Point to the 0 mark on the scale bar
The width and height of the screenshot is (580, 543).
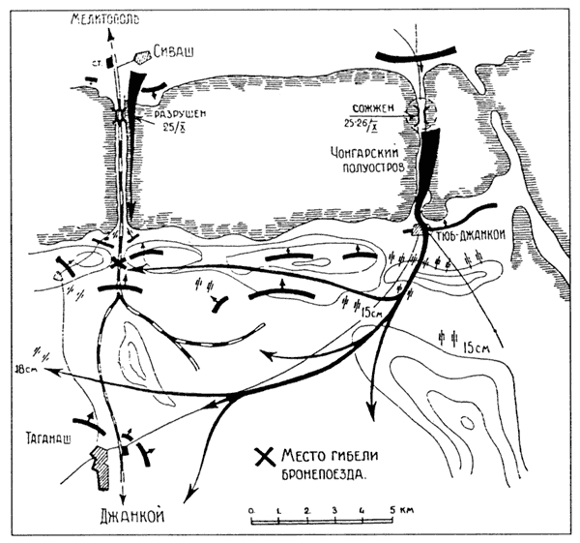[x=250, y=507]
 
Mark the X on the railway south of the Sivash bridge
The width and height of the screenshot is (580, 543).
[x=118, y=262]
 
